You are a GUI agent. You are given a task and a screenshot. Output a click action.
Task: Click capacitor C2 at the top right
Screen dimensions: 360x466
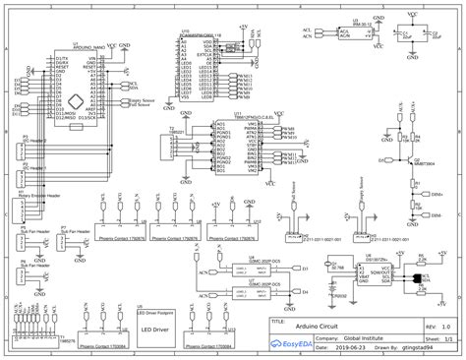click(x=436, y=34)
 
